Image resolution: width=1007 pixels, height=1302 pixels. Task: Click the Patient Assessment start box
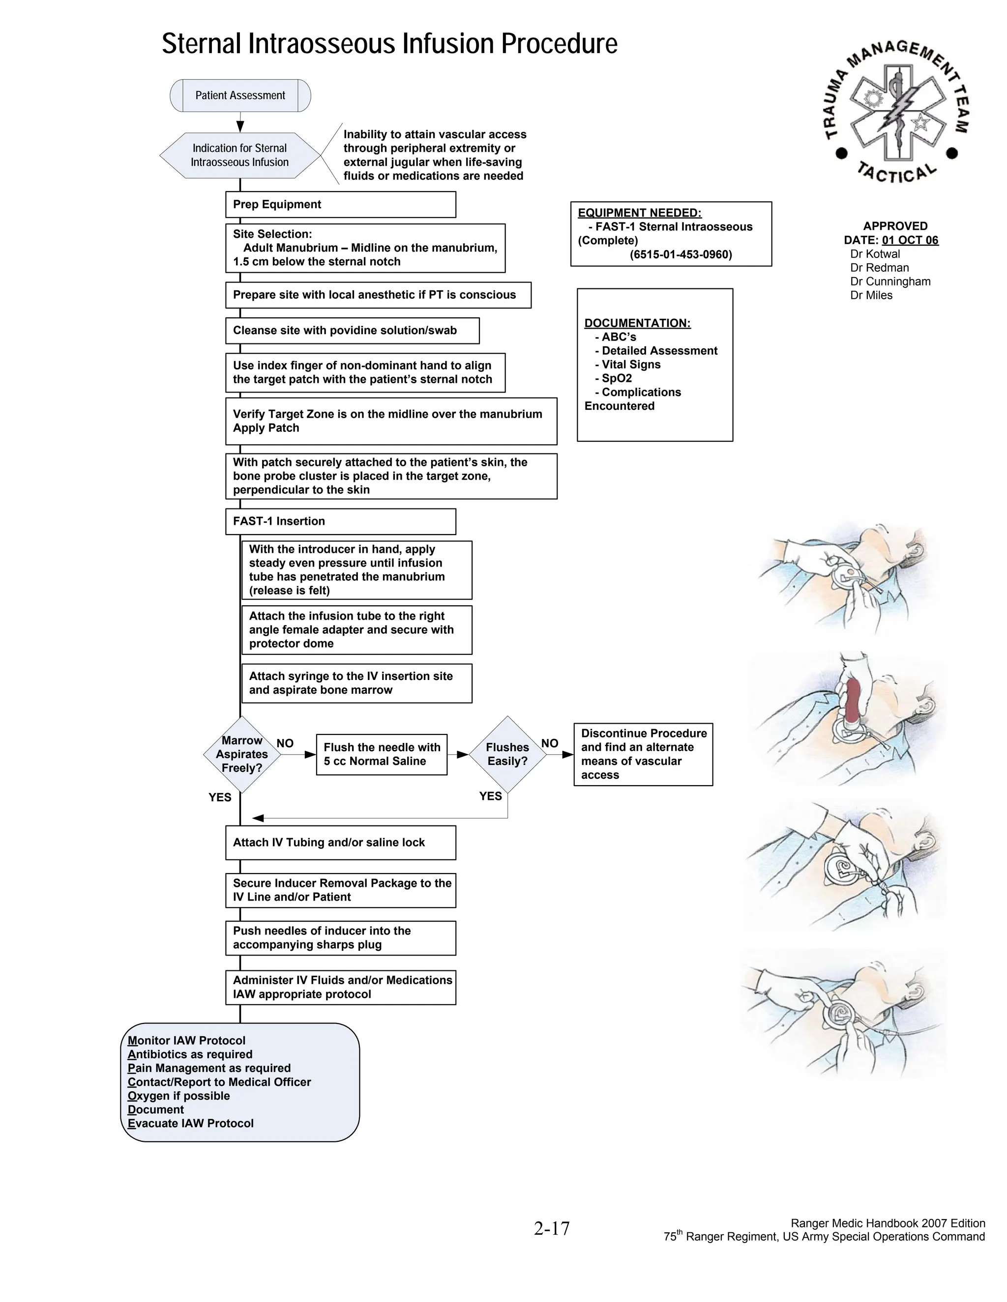(x=240, y=95)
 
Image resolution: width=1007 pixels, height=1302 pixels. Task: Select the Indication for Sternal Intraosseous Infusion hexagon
(x=240, y=155)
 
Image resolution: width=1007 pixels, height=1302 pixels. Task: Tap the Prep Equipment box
(x=340, y=204)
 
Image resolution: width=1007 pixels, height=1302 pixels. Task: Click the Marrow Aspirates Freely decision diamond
(x=241, y=754)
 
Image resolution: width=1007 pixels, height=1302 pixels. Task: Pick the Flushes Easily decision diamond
(x=507, y=754)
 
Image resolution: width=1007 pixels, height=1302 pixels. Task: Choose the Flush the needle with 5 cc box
(x=381, y=754)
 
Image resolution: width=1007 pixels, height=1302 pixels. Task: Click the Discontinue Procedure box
(x=643, y=754)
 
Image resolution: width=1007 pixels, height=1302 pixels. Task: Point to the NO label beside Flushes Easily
(x=549, y=743)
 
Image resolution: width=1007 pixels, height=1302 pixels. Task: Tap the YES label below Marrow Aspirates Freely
(x=219, y=797)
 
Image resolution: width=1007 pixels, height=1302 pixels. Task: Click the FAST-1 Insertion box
(x=340, y=521)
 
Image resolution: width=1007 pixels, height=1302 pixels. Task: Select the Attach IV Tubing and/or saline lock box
(x=340, y=842)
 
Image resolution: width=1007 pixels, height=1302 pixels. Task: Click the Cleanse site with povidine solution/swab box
(x=352, y=330)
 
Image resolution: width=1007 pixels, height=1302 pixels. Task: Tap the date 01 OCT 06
(x=910, y=240)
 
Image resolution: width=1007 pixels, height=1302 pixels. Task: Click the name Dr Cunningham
(x=890, y=282)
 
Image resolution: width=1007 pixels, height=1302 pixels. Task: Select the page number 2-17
(x=552, y=1229)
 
